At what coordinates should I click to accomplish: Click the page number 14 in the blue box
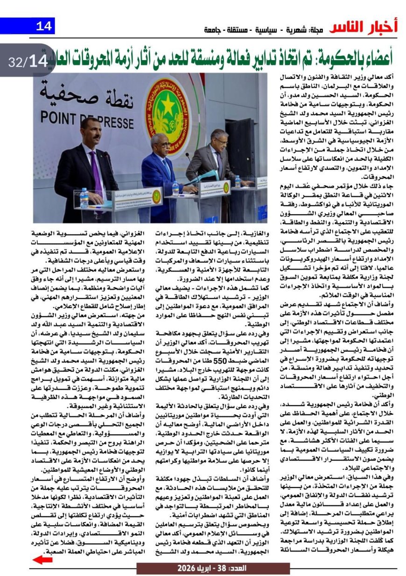coord(44,26)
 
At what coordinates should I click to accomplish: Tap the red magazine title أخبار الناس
coord(364,28)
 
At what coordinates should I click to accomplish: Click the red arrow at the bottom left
coord(42,560)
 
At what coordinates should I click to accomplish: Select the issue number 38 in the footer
coord(224,569)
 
